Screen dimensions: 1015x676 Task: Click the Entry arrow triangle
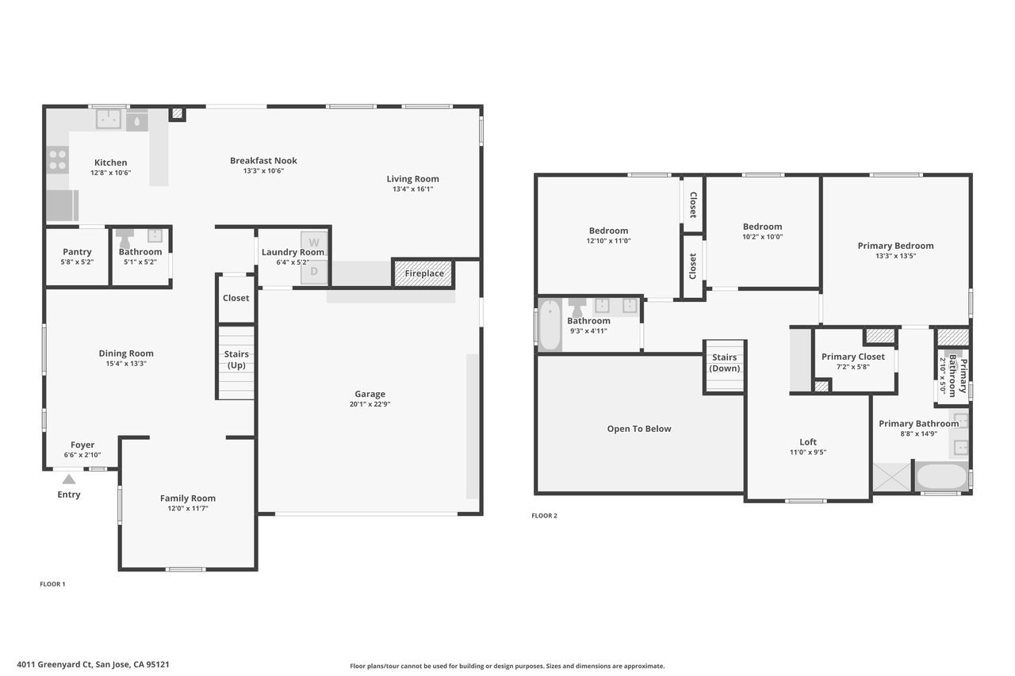pyautogui.click(x=69, y=479)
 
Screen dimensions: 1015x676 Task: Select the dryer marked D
pyautogui.click(x=314, y=272)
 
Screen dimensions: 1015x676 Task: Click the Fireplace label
pyautogui.click(x=424, y=273)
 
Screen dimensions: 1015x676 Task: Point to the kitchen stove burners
pyautogui.click(x=58, y=160)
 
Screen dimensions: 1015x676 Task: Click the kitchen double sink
pyautogui.click(x=109, y=119)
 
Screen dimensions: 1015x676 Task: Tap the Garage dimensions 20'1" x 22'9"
pyautogui.click(x=370, y=404)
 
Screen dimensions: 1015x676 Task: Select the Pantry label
pyautogui.click(x=77, y=252)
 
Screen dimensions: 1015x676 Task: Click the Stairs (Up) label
pyautogui.click(x=236, y=360)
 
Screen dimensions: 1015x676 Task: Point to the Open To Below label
pyautogui.click(x=639, y=429)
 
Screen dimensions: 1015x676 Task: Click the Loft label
pyautogui.click(x=808, y=442)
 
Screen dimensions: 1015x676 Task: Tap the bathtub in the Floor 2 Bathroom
pyautogui.click(x=550, y=325)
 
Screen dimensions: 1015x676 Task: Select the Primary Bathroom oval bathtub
pyautogui.click(x=941, y=476)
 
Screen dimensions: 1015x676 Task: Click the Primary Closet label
pyautogui.click(x=852, y=357)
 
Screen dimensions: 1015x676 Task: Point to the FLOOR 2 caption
pyautogui.click(x=544, y=516)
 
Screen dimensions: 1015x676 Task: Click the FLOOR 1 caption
pyautogui.click(x=52, y=584)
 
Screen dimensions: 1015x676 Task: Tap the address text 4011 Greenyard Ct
pyautogui.click(x=55, y=665)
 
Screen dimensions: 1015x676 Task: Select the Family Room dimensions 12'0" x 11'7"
pyautogui.click(x=188, y=509)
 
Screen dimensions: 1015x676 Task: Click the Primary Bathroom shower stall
pyautogui.click(x=892, y=477)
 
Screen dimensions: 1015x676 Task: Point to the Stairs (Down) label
pyautogui.click(x=724, y=363)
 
